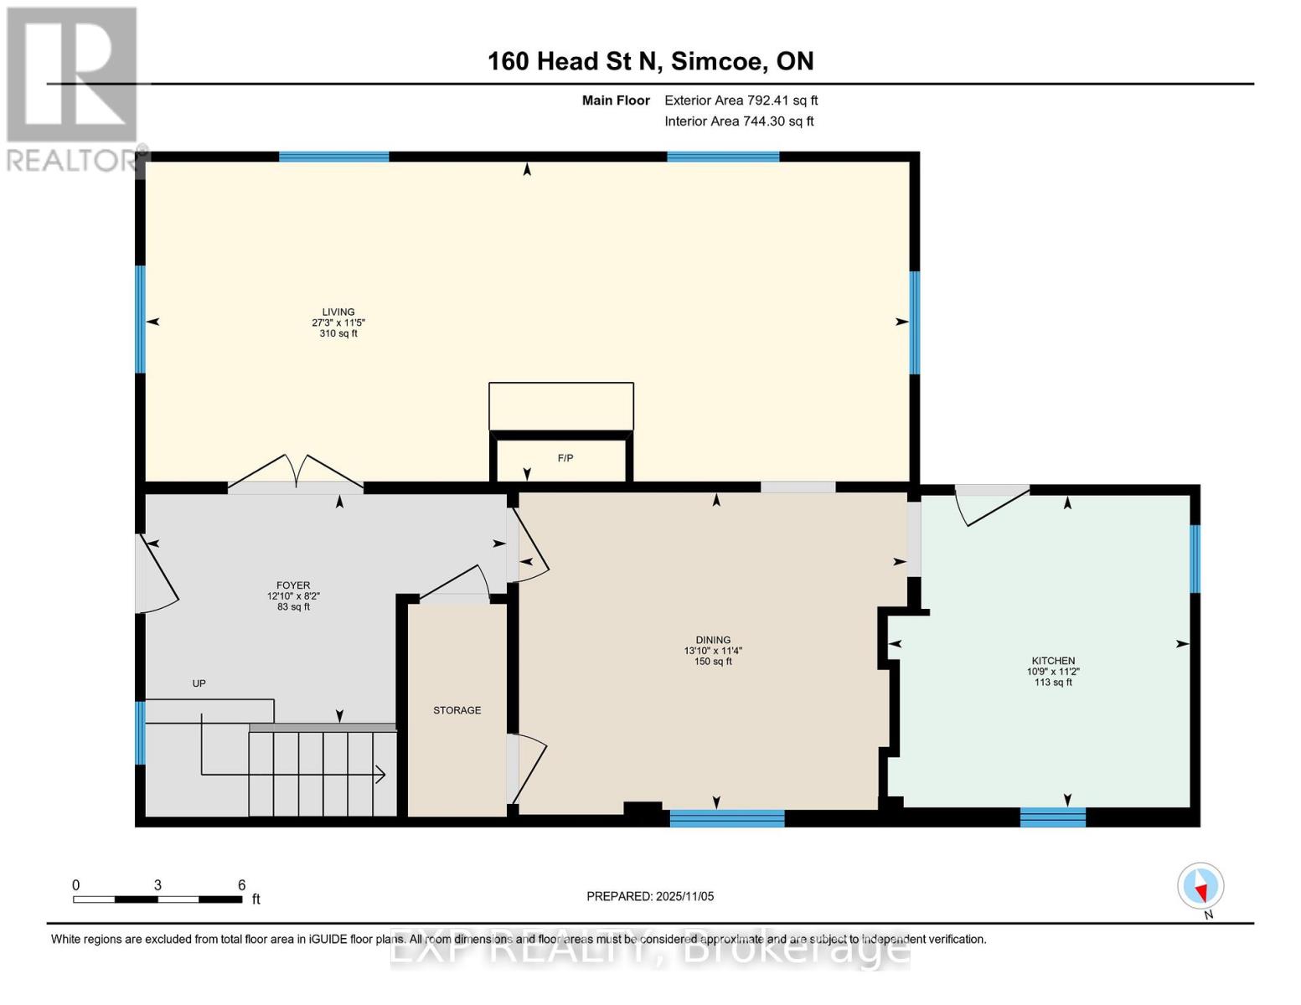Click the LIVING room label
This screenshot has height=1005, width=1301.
coord(338,312)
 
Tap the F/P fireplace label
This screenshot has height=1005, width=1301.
coord(565,458)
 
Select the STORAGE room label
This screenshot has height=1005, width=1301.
coord(457,710)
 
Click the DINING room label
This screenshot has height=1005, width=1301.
coord(713,640)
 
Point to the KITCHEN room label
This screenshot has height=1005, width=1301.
coord(1053,661)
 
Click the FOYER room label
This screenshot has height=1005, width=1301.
coord(293,585)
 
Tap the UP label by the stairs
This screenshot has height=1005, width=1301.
coord(199,683)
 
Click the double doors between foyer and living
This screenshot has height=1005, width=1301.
coord(295,473)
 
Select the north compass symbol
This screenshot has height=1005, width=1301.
coord(1200,887)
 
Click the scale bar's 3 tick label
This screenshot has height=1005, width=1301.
coord(157,885)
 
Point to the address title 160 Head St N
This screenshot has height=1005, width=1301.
coord(650,61)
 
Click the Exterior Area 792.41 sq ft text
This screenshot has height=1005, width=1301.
coord(741,100)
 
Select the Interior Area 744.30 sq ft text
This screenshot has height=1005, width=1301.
coord(739,121)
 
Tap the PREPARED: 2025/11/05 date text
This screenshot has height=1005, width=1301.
coord(650,896)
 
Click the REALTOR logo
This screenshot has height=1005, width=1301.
coord(74,88)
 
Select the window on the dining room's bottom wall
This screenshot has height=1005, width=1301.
coord(727,818)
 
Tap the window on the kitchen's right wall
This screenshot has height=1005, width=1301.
coord(1195,559)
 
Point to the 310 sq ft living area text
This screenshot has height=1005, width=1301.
coord(338,333)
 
